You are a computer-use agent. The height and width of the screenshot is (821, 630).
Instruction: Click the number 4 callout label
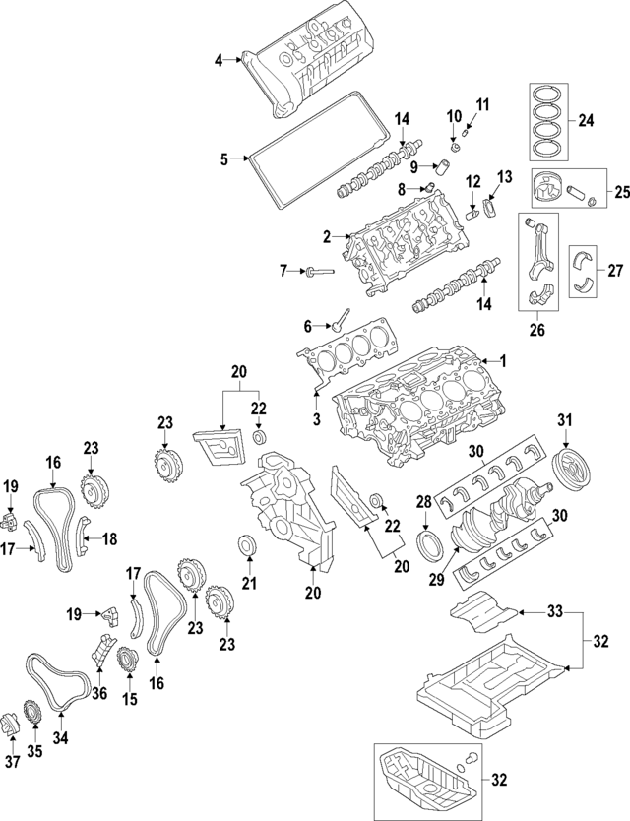click(220, 62)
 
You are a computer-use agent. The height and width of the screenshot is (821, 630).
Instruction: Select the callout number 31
click(564, 421)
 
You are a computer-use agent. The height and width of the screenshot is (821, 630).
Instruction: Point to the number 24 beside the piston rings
click(587, 122)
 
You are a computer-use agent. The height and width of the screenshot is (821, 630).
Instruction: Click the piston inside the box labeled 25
click(550, 187)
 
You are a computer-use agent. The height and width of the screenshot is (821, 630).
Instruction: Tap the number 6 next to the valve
click(307, 326)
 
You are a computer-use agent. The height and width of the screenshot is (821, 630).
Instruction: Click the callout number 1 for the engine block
click(503, 361)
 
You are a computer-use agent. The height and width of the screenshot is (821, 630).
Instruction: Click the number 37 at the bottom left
click(12, 763)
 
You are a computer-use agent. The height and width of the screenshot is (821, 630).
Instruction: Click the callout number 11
click(481, 106)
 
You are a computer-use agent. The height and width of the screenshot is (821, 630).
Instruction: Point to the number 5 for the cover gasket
click(223, 158)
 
